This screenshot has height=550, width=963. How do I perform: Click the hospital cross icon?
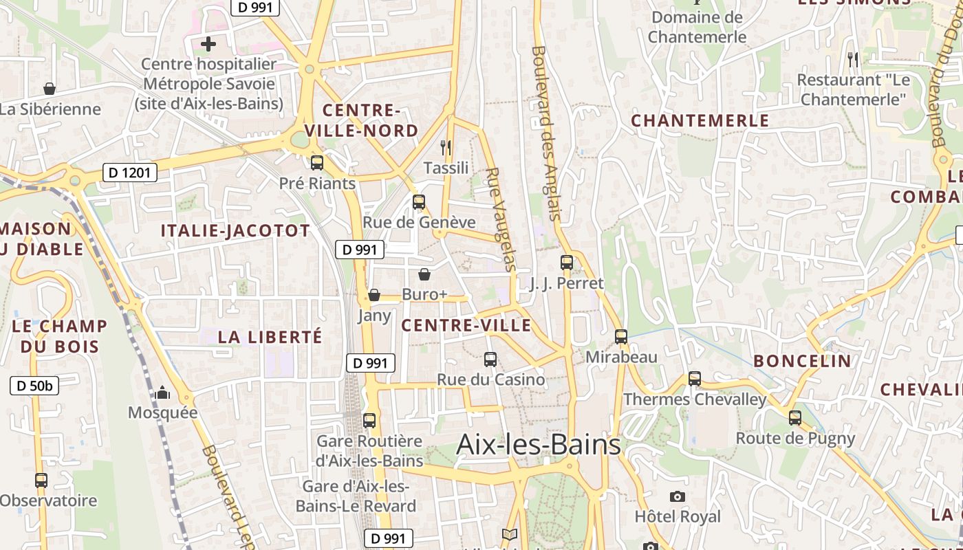208,45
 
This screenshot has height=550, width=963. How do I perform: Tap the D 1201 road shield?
130,173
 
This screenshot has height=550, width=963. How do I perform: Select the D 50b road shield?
34,386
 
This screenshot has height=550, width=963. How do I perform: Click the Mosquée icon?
162,393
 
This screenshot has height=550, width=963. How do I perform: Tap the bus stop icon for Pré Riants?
317,163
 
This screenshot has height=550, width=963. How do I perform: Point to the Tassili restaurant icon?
446,147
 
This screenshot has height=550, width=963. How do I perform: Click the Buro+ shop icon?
424,274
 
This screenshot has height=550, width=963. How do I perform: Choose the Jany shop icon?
374,295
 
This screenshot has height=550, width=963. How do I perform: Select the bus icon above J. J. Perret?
566,262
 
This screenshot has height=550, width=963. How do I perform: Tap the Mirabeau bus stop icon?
621,336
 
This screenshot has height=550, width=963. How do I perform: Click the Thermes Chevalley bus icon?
695,378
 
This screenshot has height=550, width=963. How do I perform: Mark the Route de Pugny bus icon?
795,417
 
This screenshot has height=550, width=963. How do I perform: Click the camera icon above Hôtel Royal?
678,496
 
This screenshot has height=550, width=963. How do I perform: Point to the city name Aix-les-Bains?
539,445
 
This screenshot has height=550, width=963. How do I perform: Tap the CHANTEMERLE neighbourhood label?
700,121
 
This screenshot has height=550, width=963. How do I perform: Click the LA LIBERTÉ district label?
270,337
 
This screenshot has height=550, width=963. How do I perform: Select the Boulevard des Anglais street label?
548,133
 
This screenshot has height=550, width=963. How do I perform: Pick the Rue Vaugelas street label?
501,220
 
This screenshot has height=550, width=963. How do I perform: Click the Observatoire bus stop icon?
41,480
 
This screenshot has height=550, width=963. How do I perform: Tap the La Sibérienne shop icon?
50,89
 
